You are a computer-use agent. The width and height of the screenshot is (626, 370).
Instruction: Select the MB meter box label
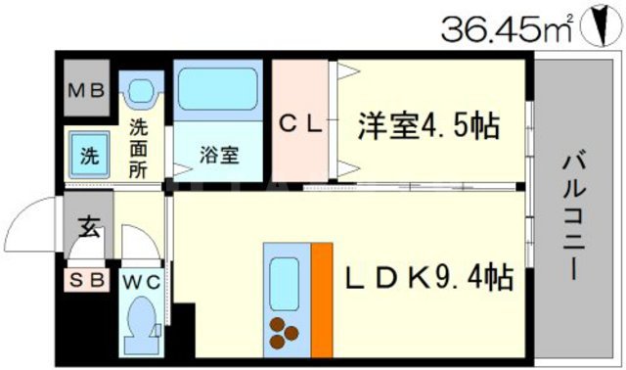point(89,93)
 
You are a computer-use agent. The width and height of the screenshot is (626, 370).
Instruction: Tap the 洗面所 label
point(142,147)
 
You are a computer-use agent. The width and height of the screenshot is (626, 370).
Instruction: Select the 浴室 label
point(218,155)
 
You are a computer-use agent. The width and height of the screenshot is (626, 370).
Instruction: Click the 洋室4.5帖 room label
point(427,124)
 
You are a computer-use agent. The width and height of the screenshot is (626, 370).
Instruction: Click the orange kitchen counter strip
point(322,298)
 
